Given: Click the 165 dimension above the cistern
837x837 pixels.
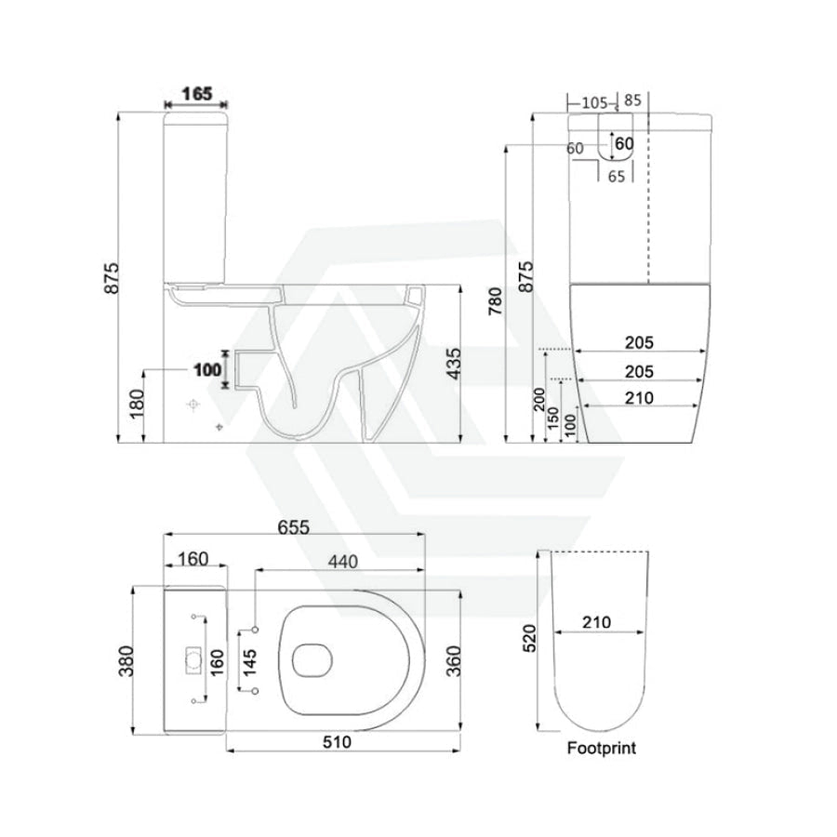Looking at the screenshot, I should click(196, 93).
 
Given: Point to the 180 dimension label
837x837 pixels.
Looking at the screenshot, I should click(137, 404).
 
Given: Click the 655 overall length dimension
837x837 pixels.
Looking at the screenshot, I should click(293, 525).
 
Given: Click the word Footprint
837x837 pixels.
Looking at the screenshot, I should click(601, 748).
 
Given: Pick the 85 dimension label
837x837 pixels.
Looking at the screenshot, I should click(633, 100).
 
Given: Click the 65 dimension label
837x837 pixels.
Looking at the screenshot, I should click(617, 175).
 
